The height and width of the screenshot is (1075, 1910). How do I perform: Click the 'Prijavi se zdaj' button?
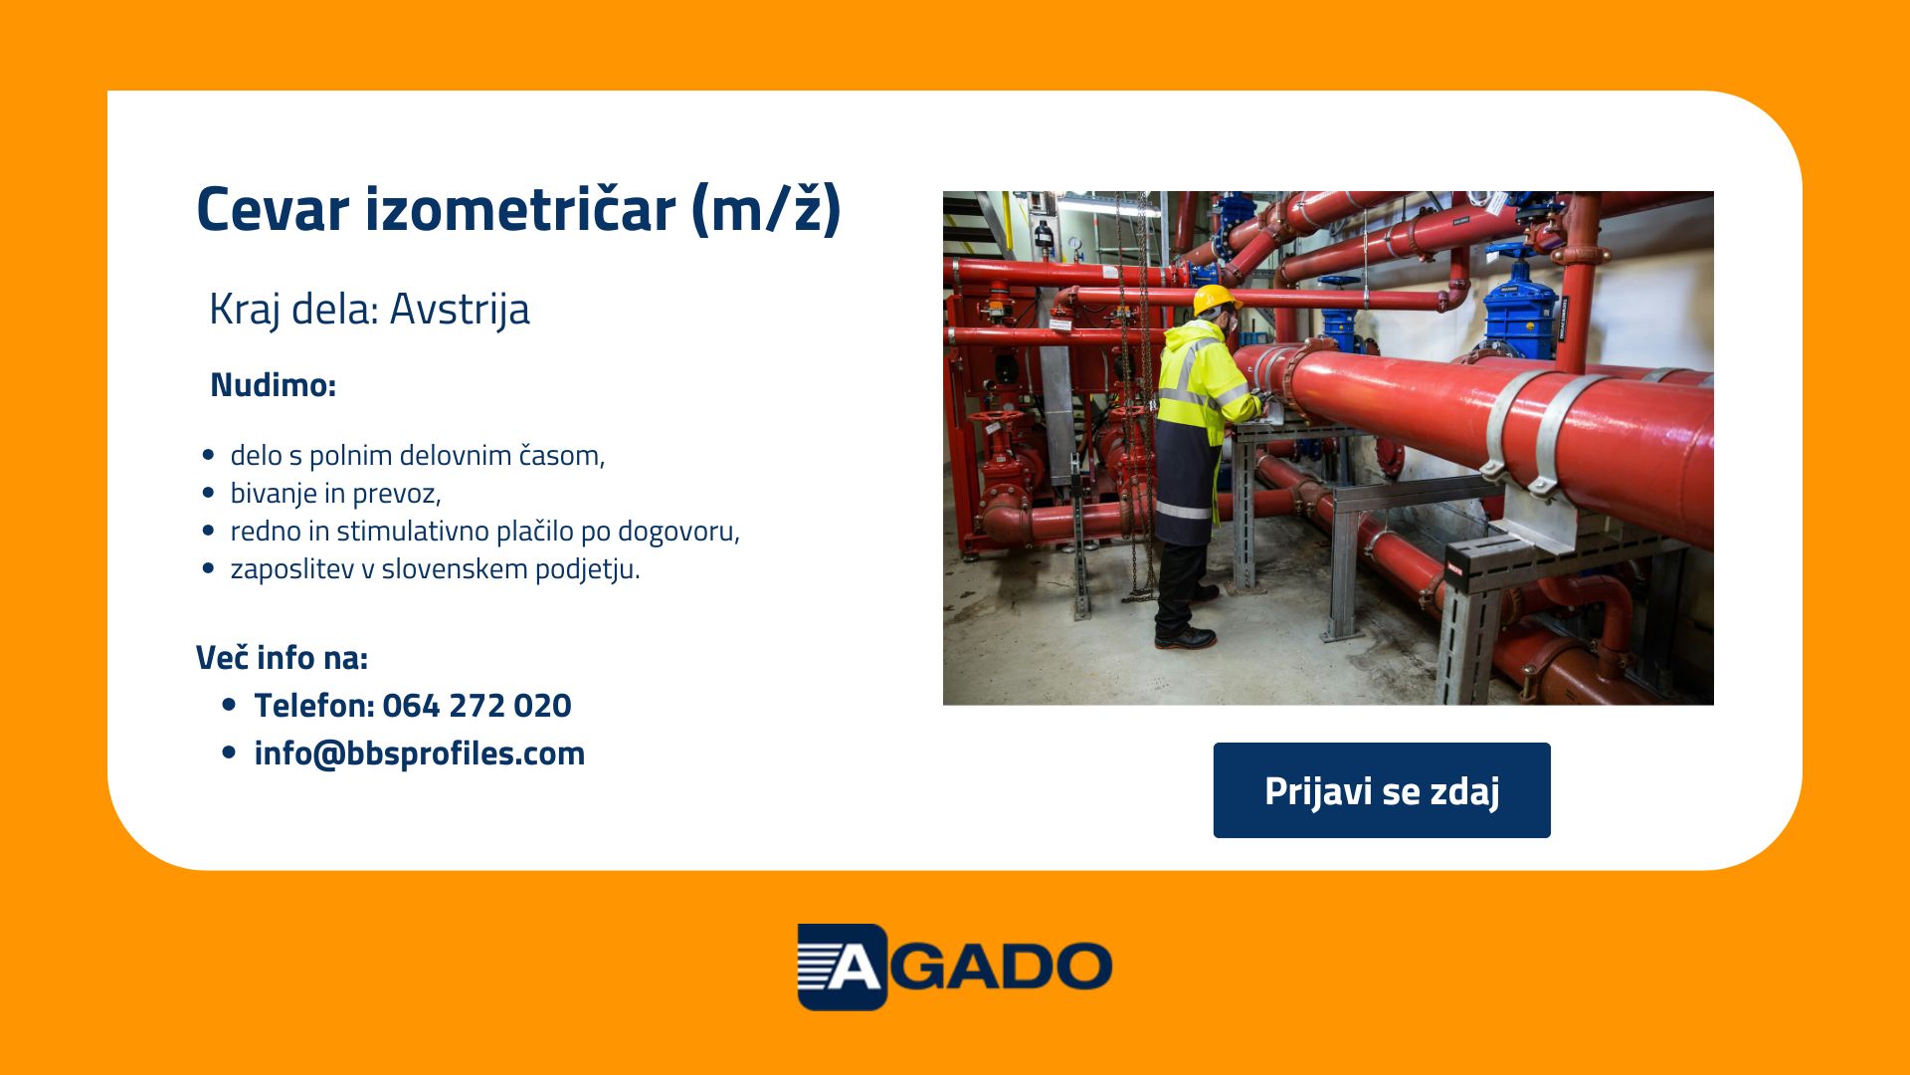point(1382,790)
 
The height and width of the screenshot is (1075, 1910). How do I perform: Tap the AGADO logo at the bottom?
point(955,967)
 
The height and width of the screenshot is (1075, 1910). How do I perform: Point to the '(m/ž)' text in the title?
point(767,210)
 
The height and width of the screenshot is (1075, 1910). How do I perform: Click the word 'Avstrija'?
point(460,309)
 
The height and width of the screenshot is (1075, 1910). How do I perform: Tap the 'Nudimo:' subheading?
point(274,385)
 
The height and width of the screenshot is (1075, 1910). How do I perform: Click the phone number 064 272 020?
point(477,706)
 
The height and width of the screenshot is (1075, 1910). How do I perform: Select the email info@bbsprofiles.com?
point(420,753)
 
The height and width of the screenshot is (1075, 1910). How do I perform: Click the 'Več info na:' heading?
point(283,658)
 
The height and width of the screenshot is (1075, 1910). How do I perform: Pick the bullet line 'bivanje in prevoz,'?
point(336,494)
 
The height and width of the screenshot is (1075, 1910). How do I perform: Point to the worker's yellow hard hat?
point(1215,299)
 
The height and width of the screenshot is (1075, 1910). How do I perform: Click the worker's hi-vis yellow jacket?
point(1202,383)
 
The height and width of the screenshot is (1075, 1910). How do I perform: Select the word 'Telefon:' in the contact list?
point(314,706)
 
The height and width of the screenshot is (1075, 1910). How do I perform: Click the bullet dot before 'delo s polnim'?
point(208,455)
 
